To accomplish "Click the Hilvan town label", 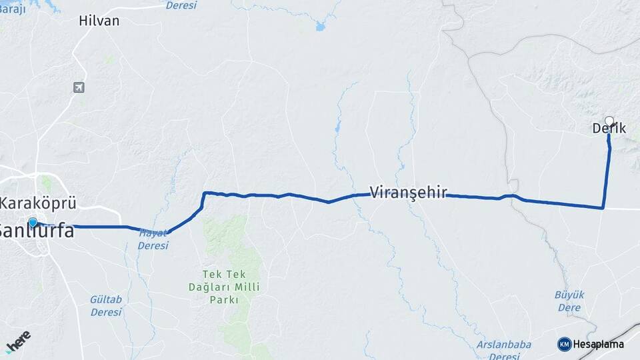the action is pos(99,21).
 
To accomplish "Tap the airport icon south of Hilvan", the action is pos(79,87).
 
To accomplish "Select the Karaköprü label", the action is pos(39,203).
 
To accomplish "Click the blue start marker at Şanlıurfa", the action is pos(32,222).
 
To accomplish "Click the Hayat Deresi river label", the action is pos(153,239).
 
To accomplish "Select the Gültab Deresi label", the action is pos(106,305).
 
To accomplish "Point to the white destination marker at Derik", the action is pos(609,121).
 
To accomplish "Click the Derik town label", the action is pos(609,129).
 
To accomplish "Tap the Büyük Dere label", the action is pos(569,301).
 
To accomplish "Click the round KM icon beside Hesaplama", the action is pos(564,344).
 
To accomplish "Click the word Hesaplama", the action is pos(598,344).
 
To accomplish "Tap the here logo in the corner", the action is pos(17,340).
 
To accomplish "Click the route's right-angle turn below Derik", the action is pos(603,208).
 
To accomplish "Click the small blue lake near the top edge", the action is pos(320,27).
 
